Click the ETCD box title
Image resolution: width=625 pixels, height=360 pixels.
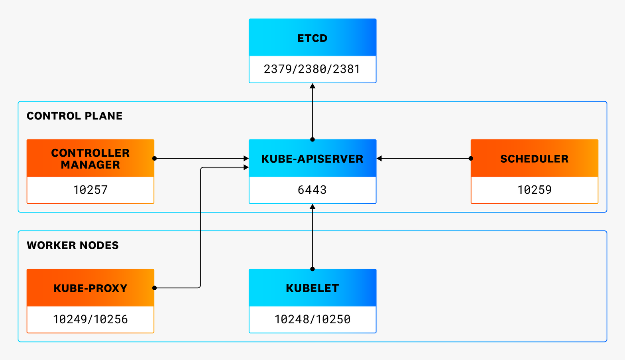[x=312, y=38]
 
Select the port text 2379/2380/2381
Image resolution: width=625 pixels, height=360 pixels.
[x=312, y=69]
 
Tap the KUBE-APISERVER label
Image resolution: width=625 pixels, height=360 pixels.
[x=312, y=159]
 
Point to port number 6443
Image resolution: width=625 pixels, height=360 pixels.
[x=312, y=190]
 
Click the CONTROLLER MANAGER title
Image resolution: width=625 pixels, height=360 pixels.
[x=90, y=159]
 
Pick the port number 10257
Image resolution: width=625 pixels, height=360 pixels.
[x=90, y=190]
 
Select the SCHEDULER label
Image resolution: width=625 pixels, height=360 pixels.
[x=534, y=159]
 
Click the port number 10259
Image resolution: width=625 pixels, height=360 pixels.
[x=534, y=190]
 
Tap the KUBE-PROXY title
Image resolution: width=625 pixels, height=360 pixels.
[x=90, y=288]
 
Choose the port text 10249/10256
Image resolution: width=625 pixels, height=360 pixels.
[x=90, y=319]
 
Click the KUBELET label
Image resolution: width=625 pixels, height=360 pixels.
[x=312, y=288]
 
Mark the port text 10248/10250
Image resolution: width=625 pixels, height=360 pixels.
[x=312, y=319]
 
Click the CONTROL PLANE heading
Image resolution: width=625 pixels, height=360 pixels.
[x=75, y=116]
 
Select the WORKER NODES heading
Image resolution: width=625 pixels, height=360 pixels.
[x=73, y=245]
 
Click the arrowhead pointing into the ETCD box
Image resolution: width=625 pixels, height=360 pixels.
[x=312, y=86]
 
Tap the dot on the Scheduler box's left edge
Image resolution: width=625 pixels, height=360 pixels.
[x=471, y=158]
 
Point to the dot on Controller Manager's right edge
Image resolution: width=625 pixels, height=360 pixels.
[x=154, y=158]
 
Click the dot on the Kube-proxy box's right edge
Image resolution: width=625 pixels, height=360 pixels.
[x=154, y=288]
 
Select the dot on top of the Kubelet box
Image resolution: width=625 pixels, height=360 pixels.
[x=312, y=269]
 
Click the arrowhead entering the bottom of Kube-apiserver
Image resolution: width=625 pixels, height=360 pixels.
[x=312, y=207]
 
